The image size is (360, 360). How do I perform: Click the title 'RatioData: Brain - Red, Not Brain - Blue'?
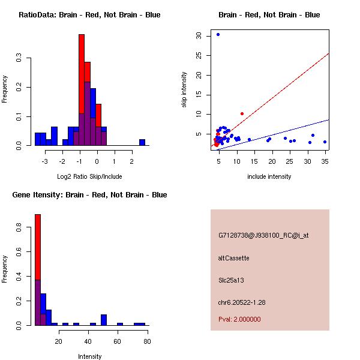pyautogui.click(x=89, y=14)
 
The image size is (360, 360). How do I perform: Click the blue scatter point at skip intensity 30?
pyautogui.click(x=218, y=34)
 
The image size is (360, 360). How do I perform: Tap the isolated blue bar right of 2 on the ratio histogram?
pyautogui.click(x=142, y=142)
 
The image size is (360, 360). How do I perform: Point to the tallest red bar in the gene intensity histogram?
pyautogui.click(x=37, y=269)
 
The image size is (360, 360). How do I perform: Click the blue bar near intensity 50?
pyautogui.click(x=104, y=319)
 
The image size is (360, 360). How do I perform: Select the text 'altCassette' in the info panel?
pyautogui.click(x=233, y=258)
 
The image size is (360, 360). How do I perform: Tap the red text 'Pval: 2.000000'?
pyautogui.click(x=239, y=319)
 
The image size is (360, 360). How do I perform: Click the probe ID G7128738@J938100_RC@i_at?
pyautogui.click(x=263, y=235)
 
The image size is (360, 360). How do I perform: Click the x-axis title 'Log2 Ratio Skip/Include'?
pyautogui.click(x=89, y=176)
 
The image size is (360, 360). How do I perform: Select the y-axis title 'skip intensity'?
pyautogui.click(x=184, y=90)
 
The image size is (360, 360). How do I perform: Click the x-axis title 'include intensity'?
pyautogui.click(x=269, y=176)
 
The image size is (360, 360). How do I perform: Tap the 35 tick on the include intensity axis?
pyautogui.click(x=325, y=161)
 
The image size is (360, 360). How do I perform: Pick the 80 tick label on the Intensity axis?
pyautogui.click(x=147, y=341)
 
